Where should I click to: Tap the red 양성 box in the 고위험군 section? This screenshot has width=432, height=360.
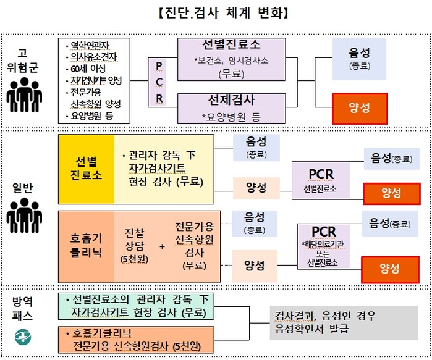tap(359, 107)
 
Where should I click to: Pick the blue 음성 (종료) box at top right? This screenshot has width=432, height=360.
tap(359, 56)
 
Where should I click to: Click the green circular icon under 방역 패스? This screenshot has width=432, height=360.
tap(23, 335)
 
